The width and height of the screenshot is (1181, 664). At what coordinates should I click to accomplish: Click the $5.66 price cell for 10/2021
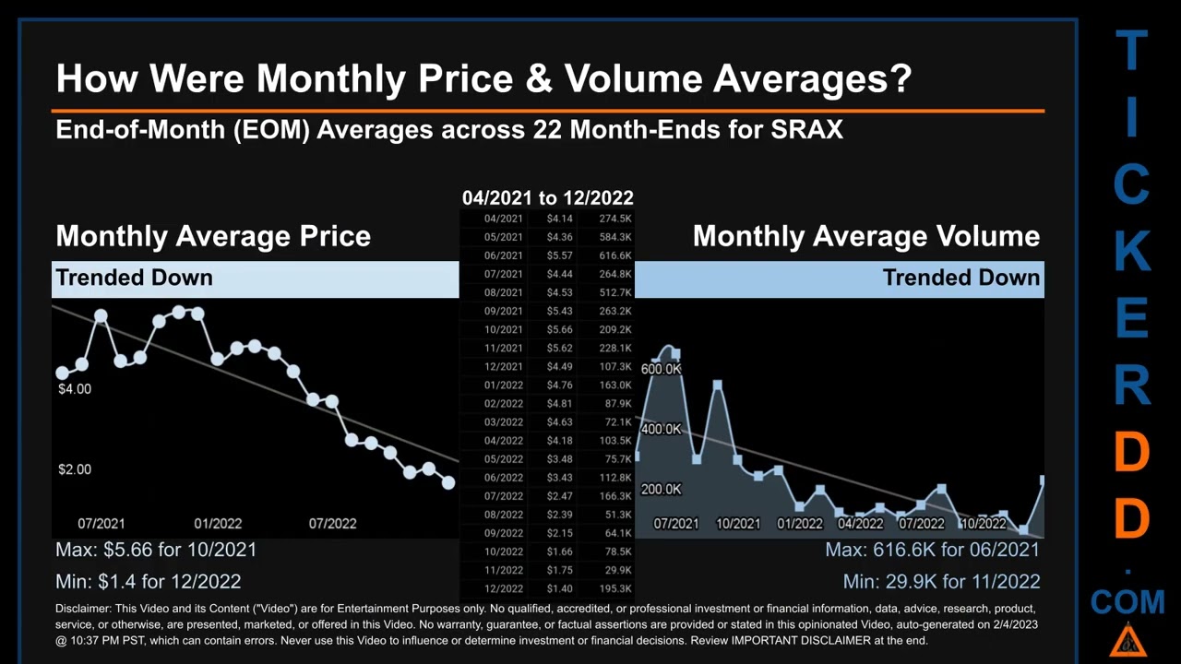559,329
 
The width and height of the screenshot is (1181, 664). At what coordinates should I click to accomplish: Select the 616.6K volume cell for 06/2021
614,255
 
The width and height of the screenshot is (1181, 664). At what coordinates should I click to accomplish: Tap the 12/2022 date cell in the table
503,588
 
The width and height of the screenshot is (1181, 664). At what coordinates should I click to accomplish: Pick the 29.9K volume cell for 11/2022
617,570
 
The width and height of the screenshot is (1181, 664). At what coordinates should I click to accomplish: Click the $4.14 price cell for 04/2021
559,219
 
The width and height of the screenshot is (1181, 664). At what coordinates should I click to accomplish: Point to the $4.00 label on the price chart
75,389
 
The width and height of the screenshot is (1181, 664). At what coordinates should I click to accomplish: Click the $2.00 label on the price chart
75,469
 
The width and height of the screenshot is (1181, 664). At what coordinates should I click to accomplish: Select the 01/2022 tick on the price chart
218,524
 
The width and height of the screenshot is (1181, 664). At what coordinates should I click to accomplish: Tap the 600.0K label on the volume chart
661,369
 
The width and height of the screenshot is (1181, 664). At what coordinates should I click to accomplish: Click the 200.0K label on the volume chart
661,490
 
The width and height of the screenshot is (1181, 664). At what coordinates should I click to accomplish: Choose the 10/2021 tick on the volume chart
738,524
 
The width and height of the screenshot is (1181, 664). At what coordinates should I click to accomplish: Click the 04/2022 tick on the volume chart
860,524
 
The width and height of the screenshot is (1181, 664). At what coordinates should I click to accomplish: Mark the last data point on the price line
448,482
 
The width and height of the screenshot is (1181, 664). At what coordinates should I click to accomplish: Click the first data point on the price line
62,373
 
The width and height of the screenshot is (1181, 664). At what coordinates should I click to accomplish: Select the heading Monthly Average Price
213,236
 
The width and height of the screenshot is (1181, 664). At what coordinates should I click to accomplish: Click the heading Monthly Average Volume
865,236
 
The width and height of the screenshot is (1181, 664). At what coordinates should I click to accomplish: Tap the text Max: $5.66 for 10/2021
156,550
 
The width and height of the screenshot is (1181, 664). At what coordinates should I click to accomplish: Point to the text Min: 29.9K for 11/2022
941,582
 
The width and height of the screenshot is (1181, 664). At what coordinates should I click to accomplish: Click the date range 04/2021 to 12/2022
547,197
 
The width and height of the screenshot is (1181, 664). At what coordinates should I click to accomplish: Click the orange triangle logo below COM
1128,640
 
